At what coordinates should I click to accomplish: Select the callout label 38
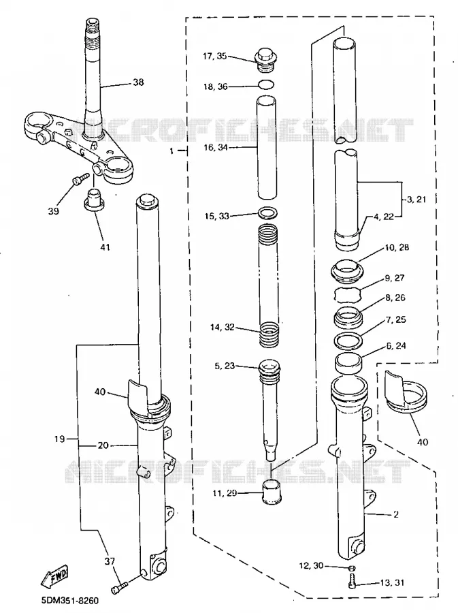[x=138, y=82]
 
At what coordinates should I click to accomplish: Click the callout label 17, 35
[x=214, y=56]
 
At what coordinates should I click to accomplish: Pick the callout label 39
[x=54, y=210]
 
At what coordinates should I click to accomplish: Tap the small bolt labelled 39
[x=78, y=180]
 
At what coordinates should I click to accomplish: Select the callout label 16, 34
[x=216, y=147]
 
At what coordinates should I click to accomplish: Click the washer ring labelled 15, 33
[x=268, y=214]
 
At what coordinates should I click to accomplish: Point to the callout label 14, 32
[x=222, y=327]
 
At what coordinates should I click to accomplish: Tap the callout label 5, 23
[x=225, y=366]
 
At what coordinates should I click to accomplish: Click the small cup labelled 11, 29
[x=270, y=492]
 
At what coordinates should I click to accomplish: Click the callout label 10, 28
[x=397, y=247]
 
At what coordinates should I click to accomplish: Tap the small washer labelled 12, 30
[x=351, y=567]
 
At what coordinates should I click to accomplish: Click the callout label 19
[x=59, y=439]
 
